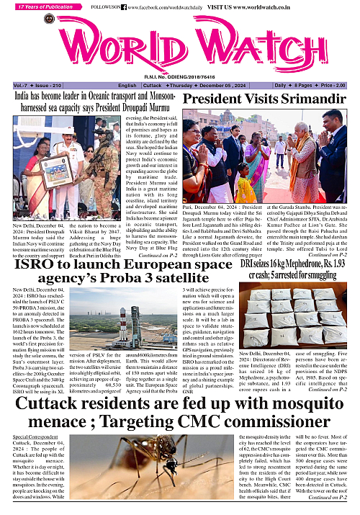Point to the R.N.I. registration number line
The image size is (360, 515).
point(180,76)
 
